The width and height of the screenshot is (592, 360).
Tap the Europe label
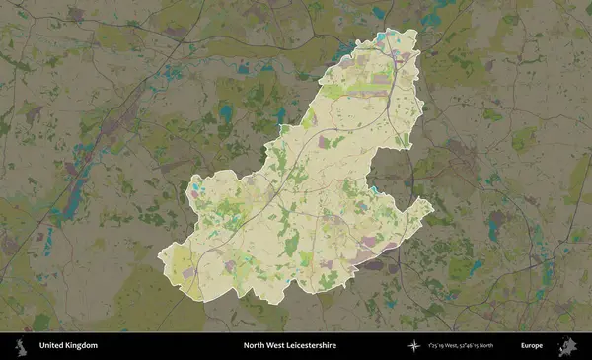point(534,346)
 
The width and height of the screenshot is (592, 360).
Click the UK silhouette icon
point(19,346)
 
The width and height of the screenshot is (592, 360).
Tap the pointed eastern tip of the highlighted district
point(432,203)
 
